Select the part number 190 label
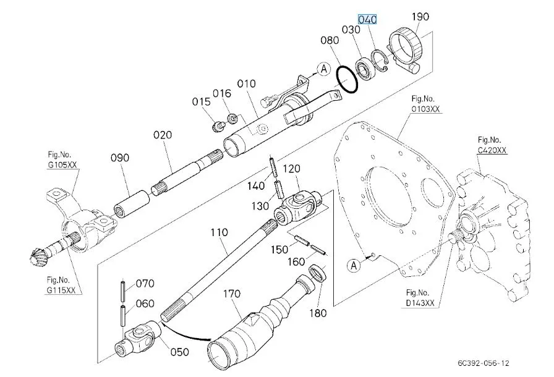pos(420,17)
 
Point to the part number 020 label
pos(163,134)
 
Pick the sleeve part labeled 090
pos(133,201)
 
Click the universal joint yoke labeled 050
pos(139,340)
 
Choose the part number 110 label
pos(219,234)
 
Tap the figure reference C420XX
pos(492,150)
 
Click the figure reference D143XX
pos(420,303)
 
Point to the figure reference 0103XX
pos(426,109)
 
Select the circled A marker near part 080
pos(322,69)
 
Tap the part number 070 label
pos(144,284)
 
